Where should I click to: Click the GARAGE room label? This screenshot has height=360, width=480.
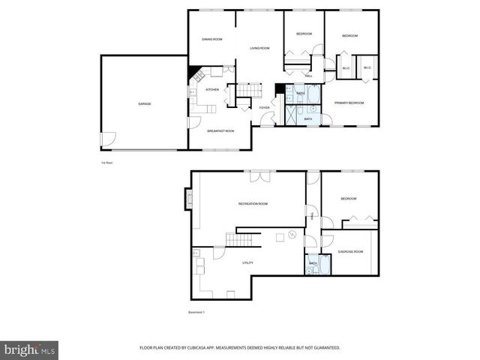144,103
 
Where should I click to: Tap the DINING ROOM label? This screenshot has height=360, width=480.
212,39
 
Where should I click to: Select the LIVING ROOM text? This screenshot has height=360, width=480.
259,49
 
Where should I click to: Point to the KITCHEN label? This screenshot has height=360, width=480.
212,90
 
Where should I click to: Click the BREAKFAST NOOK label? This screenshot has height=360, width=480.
220,130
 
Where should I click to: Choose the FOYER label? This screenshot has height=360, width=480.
264,107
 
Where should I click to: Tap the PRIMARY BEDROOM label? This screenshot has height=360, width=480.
349,102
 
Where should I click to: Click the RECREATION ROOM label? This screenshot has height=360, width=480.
253,204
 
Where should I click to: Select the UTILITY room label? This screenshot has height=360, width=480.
247,263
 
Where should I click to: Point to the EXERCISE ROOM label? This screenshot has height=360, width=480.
350,251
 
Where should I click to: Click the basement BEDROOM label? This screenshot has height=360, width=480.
349,199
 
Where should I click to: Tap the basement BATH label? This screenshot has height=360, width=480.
313,263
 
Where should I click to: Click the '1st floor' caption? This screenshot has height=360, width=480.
106,162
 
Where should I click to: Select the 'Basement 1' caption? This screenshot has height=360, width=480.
196,312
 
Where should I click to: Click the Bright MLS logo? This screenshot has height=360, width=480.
30,349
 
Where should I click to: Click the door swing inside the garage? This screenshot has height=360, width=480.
109,139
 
